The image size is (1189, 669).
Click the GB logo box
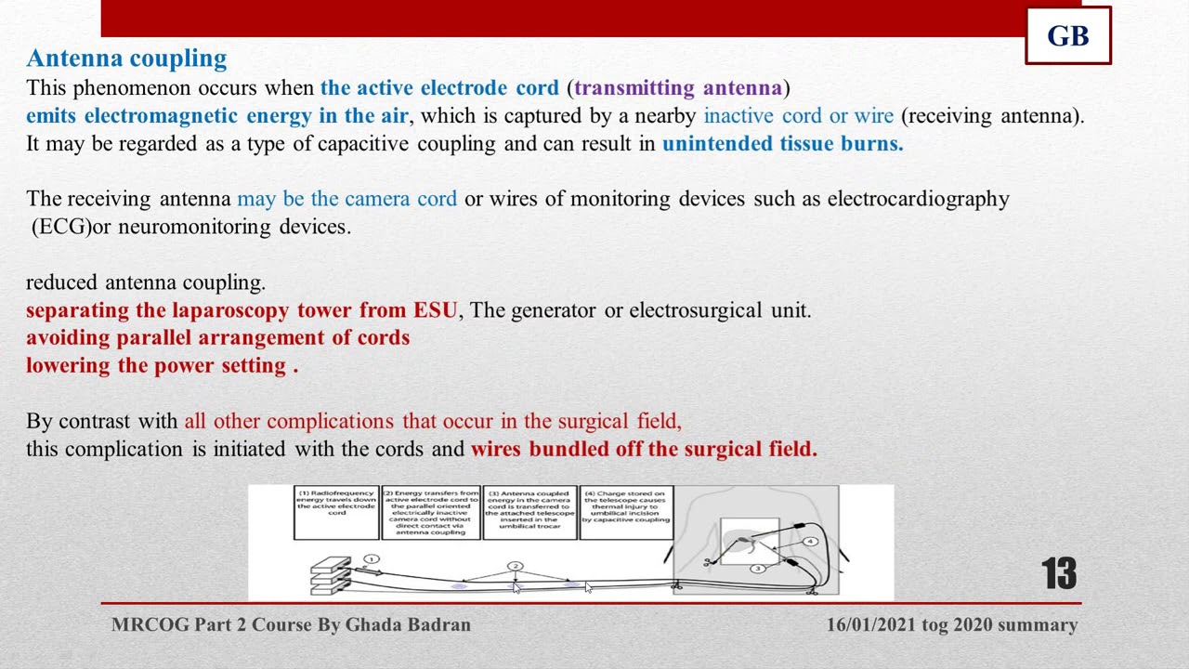pos(1068,36)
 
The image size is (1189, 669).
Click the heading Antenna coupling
pos(126,59)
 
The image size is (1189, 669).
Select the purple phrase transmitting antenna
pos(678,88)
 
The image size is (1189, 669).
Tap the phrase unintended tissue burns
pos(782,144)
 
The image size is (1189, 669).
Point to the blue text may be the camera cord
pos(346,199)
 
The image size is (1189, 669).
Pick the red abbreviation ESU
pos(435,310)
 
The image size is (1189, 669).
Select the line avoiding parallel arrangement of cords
pos(217,337)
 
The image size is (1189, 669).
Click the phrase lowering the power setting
pos(162,365)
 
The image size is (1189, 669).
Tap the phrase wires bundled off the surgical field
pos(644,450)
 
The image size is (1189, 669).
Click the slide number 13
pos(1058,574)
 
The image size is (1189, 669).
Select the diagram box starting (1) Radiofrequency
pos(336,511)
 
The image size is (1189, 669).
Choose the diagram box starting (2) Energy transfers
pos(431,511)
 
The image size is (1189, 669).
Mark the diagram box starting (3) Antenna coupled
pos(529,511)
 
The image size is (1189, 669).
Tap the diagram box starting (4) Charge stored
pos(626,511)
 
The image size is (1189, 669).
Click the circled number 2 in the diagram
pos(516,566)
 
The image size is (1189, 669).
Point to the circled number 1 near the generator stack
pos(372,559)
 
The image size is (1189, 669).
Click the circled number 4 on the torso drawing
pos(810,541)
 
